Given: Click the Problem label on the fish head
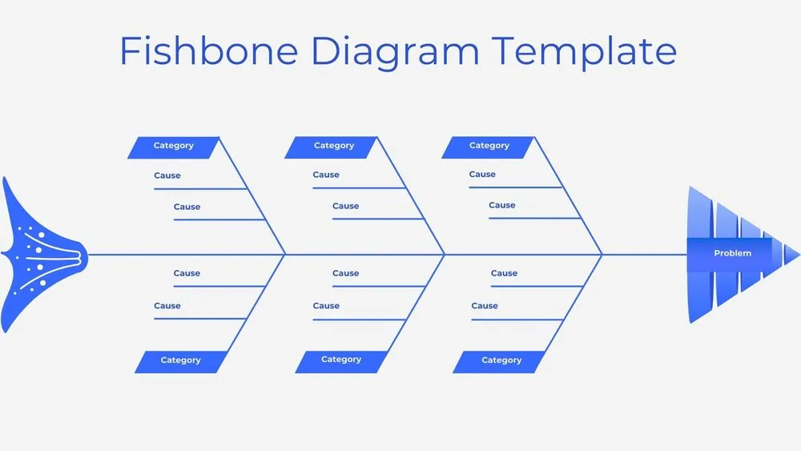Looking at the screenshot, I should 732,253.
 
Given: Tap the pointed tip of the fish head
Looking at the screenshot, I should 798,255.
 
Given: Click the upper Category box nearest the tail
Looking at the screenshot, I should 173,146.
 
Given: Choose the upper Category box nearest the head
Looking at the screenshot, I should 489,146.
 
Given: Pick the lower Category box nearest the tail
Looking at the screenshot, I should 180,360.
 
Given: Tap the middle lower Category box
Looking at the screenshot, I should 340,360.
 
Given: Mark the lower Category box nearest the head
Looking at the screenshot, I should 501,360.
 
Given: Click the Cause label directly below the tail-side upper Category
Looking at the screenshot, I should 167,175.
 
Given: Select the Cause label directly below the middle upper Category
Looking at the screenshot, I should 326,175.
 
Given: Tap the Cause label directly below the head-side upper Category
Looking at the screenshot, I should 482,174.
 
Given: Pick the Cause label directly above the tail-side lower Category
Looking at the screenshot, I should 167,305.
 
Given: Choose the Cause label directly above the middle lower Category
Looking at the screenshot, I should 326,305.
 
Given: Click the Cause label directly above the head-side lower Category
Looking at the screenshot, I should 485,305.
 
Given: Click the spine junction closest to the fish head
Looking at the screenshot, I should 602,255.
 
